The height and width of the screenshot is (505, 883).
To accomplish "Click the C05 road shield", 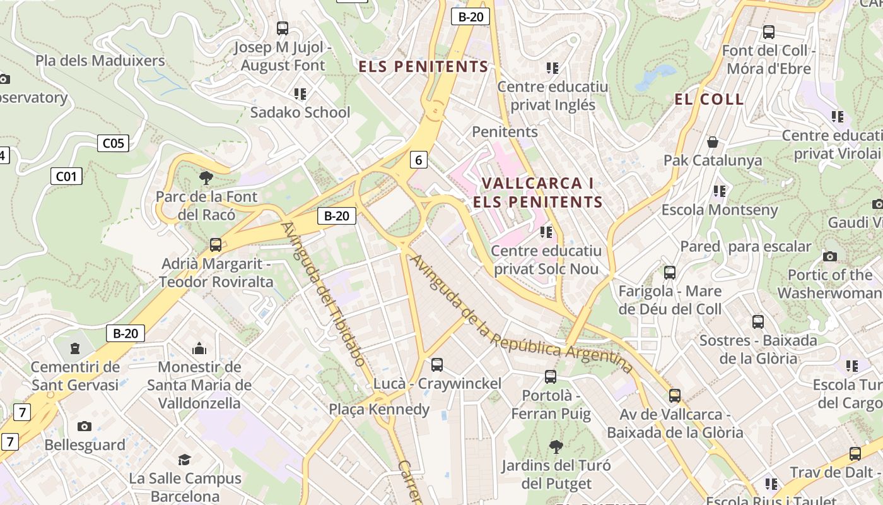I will (114, 143).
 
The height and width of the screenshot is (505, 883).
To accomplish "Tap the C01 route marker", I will (66, 176).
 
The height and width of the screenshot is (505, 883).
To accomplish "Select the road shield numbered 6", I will (418, 160).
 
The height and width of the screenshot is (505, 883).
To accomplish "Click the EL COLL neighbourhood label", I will (709, 99).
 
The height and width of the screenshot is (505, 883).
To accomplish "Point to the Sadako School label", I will (300, 112).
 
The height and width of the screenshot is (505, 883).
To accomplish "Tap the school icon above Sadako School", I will (300, 94).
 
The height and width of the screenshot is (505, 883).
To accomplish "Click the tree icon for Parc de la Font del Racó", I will (206, 178).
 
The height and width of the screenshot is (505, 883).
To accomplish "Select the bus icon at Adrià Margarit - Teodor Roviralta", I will (216, 245).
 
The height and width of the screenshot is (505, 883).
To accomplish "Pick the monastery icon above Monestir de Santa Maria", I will (199, 348).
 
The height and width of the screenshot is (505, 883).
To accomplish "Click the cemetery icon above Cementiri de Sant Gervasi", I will (75, 348).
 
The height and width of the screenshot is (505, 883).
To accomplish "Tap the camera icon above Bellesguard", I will (85, 427).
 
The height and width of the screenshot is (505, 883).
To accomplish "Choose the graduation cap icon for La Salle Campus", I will (184, 460).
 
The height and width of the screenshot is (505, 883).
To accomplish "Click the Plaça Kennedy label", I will (378, 409).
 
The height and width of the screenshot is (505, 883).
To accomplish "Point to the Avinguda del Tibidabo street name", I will (323, 294).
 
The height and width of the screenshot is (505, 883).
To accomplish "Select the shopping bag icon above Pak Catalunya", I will (713, 142).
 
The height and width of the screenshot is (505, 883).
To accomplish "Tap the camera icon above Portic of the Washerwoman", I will (830, 256).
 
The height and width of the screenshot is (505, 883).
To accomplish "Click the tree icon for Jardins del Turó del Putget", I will (556, 448).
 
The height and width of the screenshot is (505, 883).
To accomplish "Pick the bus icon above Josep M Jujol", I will (283, 28).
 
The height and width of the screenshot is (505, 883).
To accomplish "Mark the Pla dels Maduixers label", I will (100, 61).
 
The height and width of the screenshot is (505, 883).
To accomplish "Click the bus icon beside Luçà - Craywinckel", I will (436, 365).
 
